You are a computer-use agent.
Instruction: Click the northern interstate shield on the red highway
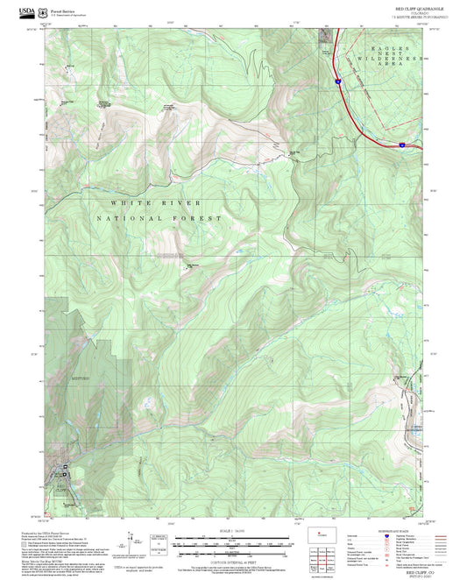336,80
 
